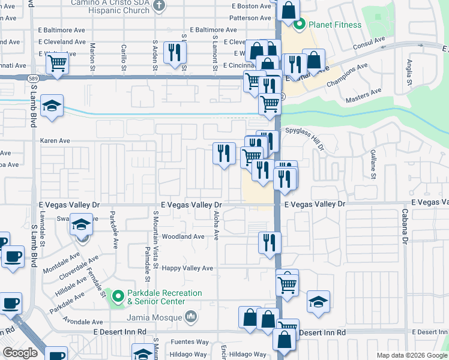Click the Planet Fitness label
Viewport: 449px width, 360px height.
click(x=335, y=25)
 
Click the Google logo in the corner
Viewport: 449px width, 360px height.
click(x=20, y=353)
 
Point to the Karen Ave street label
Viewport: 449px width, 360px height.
click(x=55, y=141)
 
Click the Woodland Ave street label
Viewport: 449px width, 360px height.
click(x=183, y=236)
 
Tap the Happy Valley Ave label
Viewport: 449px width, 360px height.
click(x=187, y=268)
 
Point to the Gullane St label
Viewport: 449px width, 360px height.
click(x=372, y=165)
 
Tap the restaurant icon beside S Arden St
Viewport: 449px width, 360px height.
click(x=175, y=53)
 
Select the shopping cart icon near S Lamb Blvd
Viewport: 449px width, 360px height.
click(x=57, y=62)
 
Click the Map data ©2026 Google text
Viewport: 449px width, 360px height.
click(x=412, y=355)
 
